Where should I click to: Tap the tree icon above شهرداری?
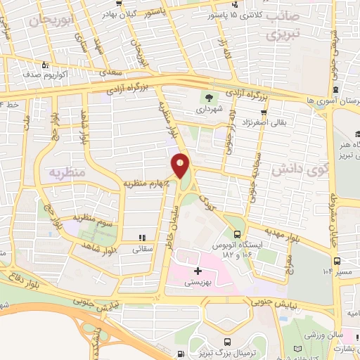tap(208, 97)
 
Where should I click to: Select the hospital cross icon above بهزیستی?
tap(198, 270)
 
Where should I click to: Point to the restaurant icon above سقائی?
tap(141, 238)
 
